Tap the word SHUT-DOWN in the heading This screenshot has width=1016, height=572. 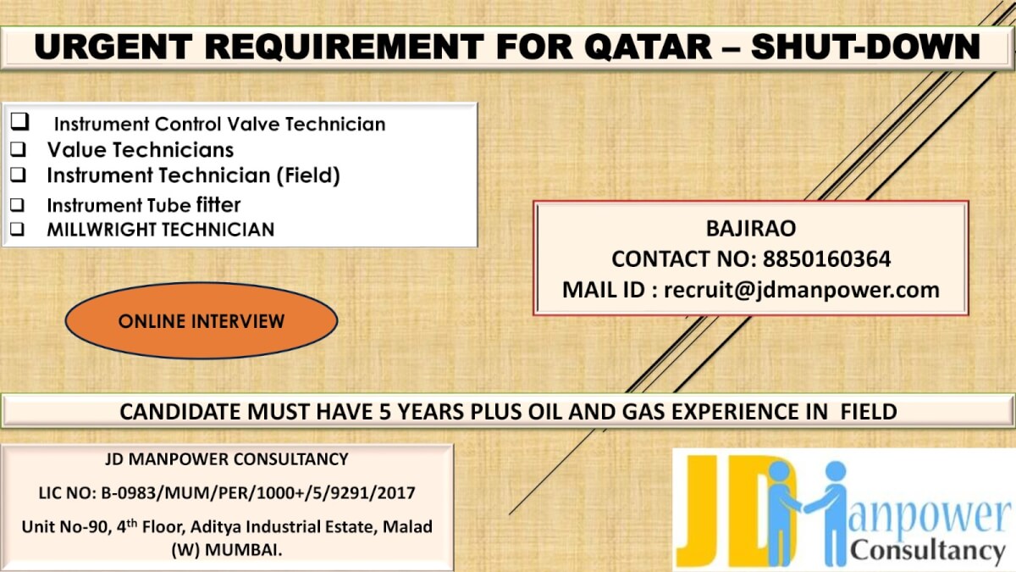coord(865,46)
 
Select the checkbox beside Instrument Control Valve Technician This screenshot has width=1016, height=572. coord(19,122)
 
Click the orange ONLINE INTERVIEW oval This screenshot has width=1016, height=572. coord(202,321)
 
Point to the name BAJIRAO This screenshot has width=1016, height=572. coord(751,229)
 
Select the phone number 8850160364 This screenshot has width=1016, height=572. coord(827,259)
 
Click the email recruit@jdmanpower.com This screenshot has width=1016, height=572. coord(802,290)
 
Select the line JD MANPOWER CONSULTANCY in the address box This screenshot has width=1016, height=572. coord(226,459)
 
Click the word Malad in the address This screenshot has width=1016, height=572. coord(408,526)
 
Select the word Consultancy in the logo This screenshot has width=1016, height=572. coord(927,552)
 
